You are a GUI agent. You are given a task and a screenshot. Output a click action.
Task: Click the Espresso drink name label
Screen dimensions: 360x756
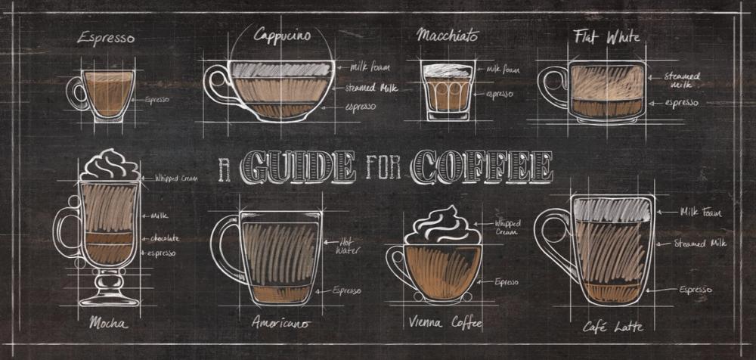(x=107, y=38)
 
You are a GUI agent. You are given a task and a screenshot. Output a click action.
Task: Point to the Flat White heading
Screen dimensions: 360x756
(x=606, y=36)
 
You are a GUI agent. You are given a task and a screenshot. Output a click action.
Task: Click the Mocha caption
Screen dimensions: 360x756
(x=108, y=323)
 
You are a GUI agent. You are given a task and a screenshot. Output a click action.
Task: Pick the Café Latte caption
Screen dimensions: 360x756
(x=613, y=327)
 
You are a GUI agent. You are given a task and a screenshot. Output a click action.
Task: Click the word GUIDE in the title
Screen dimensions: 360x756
(x=301, y=167)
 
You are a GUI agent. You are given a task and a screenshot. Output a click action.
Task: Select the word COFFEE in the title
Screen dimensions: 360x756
(x=482, y=167)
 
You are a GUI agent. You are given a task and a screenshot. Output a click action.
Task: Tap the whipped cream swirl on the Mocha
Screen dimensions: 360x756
(x=110, y=164)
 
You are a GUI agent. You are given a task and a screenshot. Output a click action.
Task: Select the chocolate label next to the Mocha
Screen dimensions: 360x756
(x=164, y=238)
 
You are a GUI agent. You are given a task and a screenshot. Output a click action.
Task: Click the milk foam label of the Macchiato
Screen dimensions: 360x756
(x=502, y=70)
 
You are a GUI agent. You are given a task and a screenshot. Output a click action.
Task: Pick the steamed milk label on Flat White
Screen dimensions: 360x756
(x=683, y=80)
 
